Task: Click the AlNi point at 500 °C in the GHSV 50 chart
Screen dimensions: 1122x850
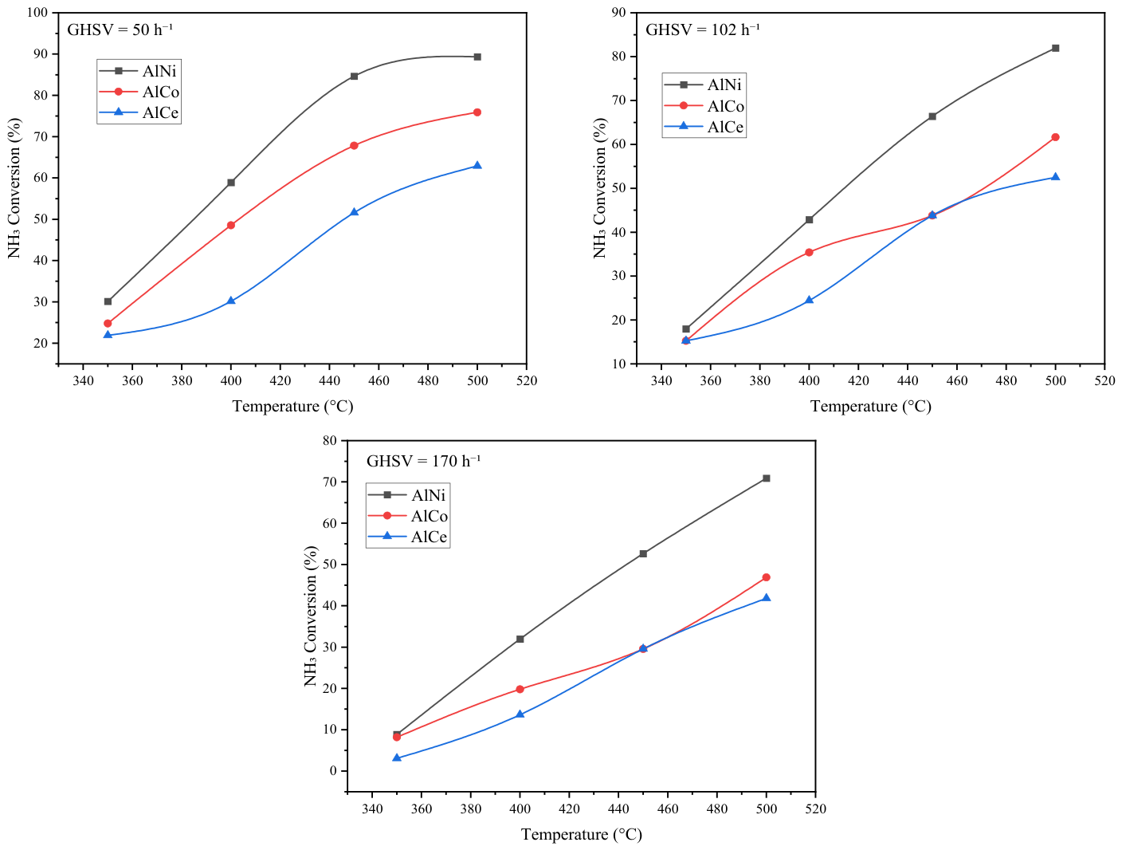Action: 477,57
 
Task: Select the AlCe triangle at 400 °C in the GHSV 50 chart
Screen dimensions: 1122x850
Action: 231,300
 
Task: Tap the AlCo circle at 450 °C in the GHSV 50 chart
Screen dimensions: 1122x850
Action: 354,146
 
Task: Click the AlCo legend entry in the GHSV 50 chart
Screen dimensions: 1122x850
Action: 139,92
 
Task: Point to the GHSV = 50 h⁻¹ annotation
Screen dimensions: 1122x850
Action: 120,30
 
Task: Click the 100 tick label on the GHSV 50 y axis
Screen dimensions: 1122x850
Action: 37,12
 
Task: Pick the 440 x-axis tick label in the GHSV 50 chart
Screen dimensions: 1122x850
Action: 329,381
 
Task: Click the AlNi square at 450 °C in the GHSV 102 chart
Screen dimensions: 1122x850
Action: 932,116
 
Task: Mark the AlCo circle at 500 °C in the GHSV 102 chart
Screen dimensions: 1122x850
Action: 1055,137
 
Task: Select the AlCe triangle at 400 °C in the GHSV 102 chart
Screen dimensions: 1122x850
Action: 809,300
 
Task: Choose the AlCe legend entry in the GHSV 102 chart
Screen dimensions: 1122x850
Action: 704,126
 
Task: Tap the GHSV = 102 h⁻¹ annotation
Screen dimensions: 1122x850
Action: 702,30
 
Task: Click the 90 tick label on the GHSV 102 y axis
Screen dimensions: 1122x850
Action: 618,12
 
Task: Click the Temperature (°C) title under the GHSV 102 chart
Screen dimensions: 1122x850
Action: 870,407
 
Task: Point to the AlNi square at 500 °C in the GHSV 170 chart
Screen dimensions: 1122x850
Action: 767,478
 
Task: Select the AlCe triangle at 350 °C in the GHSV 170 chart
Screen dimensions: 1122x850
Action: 397,758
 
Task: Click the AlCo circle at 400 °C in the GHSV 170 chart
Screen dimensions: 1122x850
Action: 520,689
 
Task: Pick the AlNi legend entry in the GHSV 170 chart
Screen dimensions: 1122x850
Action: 407,494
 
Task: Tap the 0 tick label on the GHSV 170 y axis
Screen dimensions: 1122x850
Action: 333,771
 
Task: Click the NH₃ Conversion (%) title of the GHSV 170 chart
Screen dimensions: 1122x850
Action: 310,616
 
